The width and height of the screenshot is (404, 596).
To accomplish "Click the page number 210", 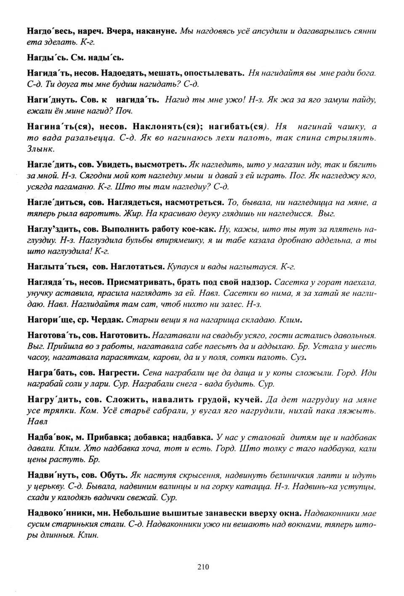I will pos(202,567).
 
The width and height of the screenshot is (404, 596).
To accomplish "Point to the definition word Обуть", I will pos(114,475).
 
